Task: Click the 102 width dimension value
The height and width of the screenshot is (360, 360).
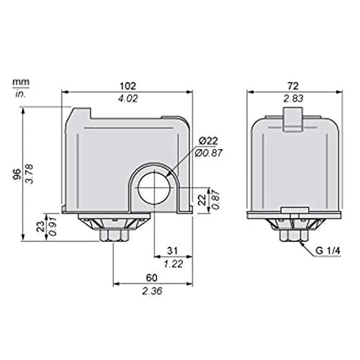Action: coord(128,86)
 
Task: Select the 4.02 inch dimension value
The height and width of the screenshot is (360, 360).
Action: coord(128,99)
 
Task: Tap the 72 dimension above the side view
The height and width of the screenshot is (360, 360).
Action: coord(293,86)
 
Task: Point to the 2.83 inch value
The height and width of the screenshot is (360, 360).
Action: coord(293,99)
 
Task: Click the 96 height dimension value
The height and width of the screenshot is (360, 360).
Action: coord(17,174)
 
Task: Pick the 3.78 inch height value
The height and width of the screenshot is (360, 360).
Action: coord(30,174)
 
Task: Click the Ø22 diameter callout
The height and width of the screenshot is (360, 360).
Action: coord(208,141)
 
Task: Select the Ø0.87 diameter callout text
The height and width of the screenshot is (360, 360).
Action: coord(209,153)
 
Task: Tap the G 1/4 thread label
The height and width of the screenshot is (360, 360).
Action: coord(328,250)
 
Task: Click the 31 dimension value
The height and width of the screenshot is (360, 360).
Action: coord(172,251)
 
